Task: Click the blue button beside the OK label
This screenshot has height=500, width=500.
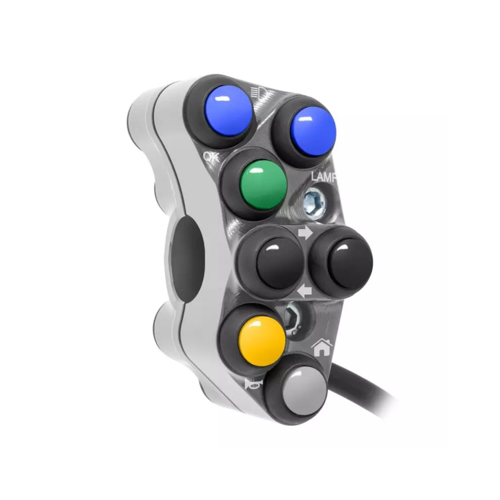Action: coord(228,110)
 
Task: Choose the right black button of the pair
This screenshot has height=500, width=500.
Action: coord(350,263)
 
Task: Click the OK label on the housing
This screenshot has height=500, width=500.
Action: coord(211,157)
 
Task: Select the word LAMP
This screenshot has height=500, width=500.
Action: coord(323,177)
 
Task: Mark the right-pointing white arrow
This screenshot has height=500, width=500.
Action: coord(305,233)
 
